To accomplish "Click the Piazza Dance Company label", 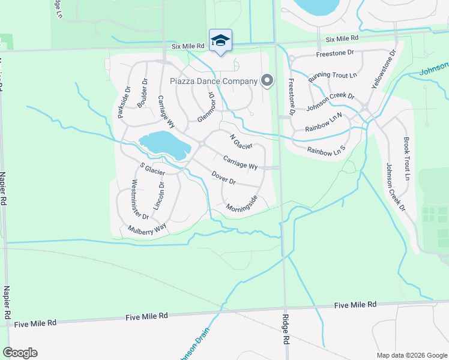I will [213, 81].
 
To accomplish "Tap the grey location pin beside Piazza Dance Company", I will [267, 80].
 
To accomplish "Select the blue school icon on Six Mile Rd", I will [220, 41].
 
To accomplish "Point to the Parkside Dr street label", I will [124, 102].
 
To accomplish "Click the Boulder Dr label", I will [142, 94].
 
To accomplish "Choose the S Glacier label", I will [152, 169].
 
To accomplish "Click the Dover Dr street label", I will [223, 178].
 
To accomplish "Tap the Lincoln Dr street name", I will [158, 196].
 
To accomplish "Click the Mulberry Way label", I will [146, 229].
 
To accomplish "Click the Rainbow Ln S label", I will [327, 150].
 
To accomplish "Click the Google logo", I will [20, 353].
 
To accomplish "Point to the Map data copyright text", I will [411, 355].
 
